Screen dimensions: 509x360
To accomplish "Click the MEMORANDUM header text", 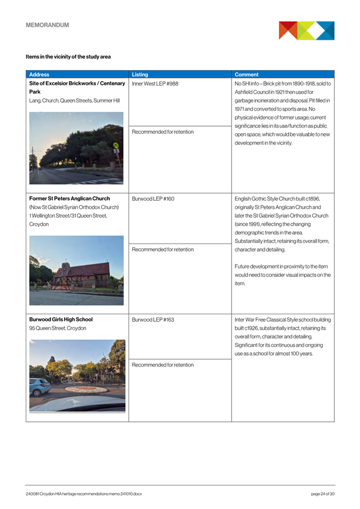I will pos(47,25).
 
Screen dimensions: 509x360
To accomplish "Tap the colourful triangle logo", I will pos(306,31).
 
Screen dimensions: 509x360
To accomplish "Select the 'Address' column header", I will pos(39,75).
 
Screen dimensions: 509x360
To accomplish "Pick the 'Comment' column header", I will pos(243,75).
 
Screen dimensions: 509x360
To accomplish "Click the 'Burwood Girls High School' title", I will pos(60,319).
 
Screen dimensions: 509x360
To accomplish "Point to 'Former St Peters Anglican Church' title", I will pos(69,199).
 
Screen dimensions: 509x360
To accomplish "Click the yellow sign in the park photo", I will pos(116,146).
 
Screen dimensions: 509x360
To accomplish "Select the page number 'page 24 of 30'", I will pos(323,494).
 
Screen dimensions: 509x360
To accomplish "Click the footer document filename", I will pos(83,494).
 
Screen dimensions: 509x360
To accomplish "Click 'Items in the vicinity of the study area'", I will pos(68,56).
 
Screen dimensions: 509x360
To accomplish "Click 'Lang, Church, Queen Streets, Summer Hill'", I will pos(74,101).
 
